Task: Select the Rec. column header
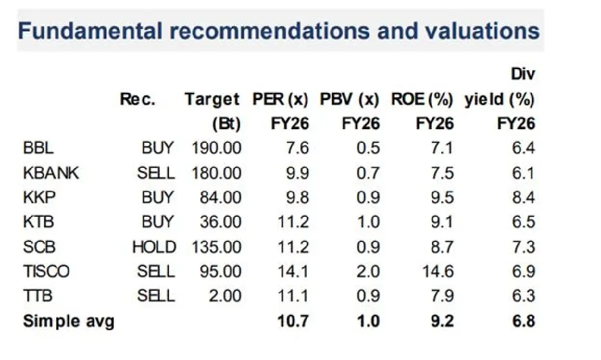tap(138, 99)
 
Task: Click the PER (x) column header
tap(280, 99)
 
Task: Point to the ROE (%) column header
tap(422, 99)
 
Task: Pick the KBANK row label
tap(51, 173)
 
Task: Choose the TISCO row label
tap(46, 271)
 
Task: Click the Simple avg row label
tap(69, 320)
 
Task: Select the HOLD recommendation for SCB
tap(154, 247)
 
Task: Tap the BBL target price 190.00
tap(216, 148)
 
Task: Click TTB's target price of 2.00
tap(225, 296)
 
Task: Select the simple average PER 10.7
tap(293, 320)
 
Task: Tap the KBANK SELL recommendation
tap(156, 173)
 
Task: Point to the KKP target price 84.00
tap(221, 197)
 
